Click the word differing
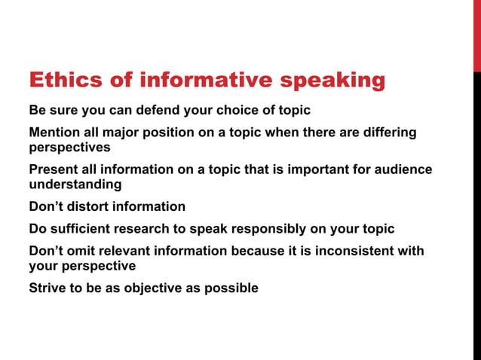(x=389, y=133)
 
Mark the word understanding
(x=75, y=185)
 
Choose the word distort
(x=88, y=206)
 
